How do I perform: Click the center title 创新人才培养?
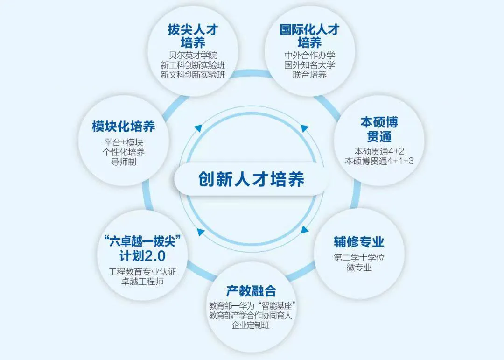tap(251, 179)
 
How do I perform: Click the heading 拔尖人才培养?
tap(193, 36)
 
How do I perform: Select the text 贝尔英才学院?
tap(193, 55)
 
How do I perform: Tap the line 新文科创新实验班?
tap(193, 75)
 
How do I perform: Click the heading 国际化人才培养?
tap(310, 36)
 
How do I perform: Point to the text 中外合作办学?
tap(310, 55)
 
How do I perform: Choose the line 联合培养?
tap(310, 75)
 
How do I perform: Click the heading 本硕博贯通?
tap(379, 129)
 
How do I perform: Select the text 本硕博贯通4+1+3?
tap(379, 162)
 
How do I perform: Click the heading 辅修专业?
tap(359, 242)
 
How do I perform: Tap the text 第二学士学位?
tap(359, 258)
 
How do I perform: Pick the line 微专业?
tap(359, 268)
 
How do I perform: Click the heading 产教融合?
tap(251, 291)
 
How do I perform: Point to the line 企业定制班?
tap(251, 325)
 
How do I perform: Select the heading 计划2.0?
tap(142, 256)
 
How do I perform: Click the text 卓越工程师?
tap(142, 282)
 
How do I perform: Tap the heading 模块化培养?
tap(123, 126)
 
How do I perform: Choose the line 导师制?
tap(123, 162)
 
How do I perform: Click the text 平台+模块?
tap(123, 142)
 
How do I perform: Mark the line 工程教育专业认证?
tap(142, 272)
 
